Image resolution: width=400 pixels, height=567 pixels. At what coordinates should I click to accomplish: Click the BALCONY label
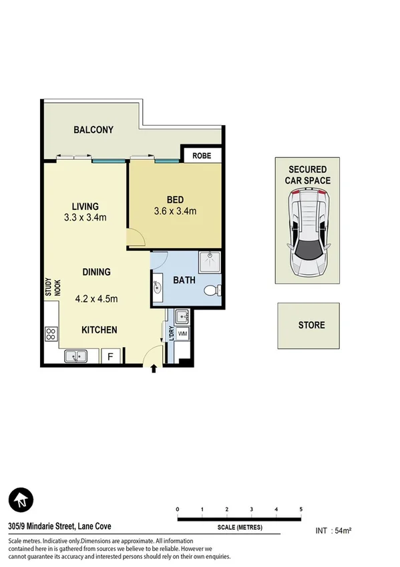coord(93,130)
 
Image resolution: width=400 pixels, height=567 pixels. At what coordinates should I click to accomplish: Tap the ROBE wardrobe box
coord(202,156)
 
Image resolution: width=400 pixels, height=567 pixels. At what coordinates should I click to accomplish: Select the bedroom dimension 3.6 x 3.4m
coord(175,211)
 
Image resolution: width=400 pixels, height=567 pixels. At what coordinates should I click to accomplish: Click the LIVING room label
coord(85,206)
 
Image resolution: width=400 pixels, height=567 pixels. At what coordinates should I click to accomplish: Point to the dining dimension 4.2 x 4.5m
coord(95,299)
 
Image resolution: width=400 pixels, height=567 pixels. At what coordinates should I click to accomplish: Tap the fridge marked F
coord(110,357)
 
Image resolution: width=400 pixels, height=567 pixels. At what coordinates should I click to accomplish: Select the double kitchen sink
coord(77,357)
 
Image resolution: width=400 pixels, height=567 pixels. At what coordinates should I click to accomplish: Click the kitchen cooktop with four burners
coord(51,334)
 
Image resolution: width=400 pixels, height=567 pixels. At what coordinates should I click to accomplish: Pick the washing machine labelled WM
coord(182,333)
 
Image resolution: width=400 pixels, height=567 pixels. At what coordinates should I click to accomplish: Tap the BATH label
coord(184,280)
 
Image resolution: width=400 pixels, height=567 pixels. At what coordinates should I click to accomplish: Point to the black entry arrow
coord(155,368)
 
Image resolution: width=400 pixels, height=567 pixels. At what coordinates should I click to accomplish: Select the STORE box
coord(311,326)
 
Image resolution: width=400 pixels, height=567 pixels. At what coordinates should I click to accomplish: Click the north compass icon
coord(21,499)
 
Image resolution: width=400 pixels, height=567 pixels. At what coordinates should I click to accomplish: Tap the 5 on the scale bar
coord(301,509)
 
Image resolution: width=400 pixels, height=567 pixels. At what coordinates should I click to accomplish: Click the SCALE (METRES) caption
coord(239,528)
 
